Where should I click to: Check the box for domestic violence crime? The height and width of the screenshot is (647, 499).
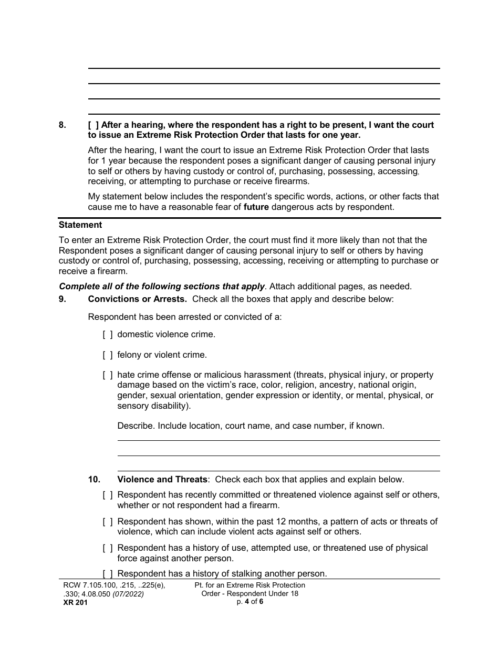coord(108,335)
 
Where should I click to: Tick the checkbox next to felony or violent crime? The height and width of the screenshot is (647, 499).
coord(108,355)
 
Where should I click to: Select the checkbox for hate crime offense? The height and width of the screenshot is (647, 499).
coord(108,375)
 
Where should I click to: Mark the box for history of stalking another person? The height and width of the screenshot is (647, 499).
coord(108,574)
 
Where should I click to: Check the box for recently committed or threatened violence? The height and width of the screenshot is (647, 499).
coord(108,495)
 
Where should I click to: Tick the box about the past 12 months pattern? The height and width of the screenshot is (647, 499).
coord(108,522)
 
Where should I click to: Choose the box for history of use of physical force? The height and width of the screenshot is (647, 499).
coord(108,548)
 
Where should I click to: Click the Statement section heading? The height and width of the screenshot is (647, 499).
coord(80,225)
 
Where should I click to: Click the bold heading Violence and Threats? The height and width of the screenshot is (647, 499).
coord(162,480)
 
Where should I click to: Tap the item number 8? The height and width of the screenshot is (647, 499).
coord(63,125)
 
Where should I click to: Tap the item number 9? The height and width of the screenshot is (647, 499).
coord(63,299)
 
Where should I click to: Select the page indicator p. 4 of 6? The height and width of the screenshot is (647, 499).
coord(250,602)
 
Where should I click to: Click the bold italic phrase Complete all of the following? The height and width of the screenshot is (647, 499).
coord(161,287)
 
